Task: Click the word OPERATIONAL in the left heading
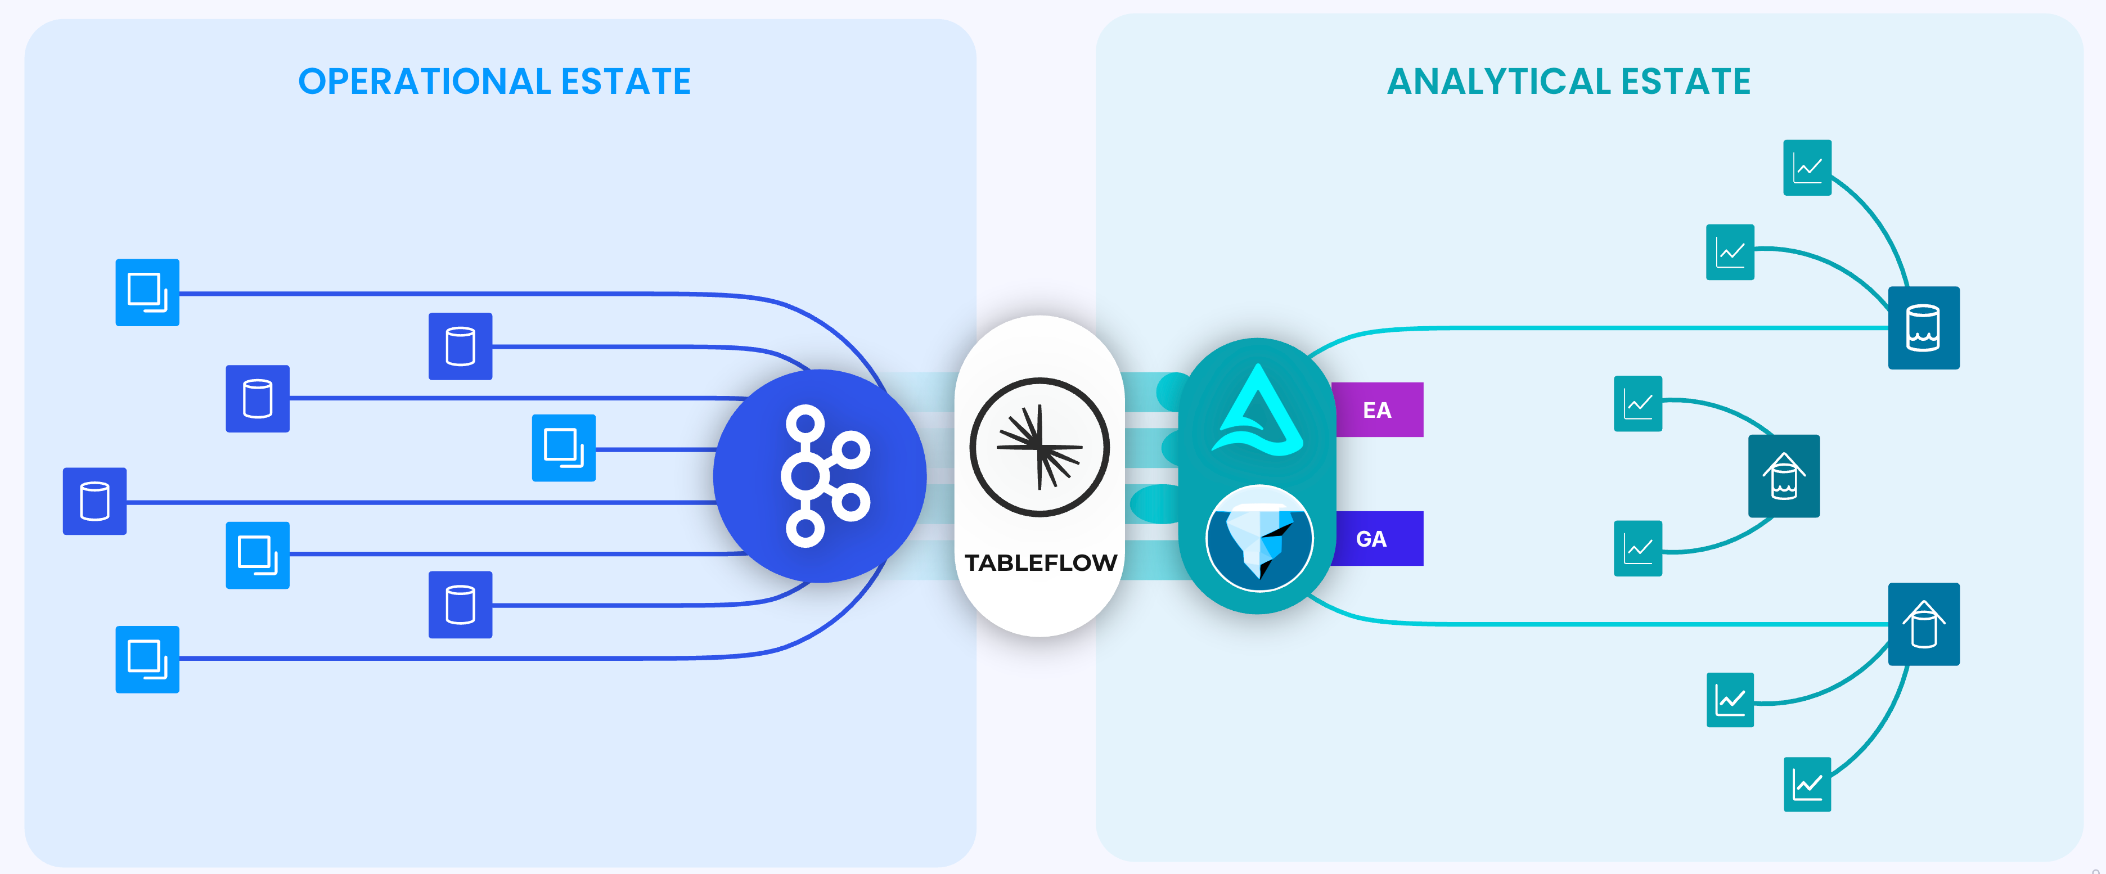(424, 82)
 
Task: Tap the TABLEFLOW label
(1040, 562)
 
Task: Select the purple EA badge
(1378, 409)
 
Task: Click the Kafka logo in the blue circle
(822, 476)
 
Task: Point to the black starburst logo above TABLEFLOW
(1039, 447)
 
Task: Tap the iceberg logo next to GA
(1259, 539)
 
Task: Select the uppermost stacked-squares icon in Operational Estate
(147, 292)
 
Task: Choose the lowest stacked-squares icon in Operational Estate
(147, 659)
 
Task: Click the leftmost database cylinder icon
(95, 501)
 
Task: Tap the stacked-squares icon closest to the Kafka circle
(563, 448)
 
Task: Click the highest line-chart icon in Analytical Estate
(1807, 168)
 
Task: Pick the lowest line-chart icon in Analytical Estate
(1807, 785)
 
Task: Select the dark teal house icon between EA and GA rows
(1783, 476)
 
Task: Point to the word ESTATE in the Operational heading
(625, 82)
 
